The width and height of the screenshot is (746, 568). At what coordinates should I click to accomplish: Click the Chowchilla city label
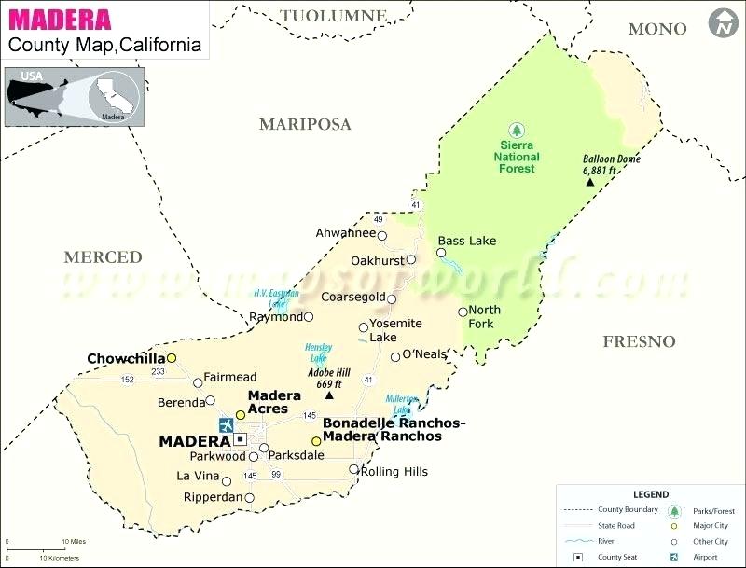click(125, 358)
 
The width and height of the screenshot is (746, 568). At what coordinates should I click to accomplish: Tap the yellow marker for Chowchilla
click(172, 358)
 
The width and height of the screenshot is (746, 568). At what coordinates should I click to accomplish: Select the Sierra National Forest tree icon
click(515, 130)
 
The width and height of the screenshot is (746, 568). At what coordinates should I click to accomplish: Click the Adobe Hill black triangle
click(329, 396)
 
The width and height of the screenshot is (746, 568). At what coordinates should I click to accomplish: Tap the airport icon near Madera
click(226, 425)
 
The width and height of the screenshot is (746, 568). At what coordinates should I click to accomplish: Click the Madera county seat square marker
click(240, 438)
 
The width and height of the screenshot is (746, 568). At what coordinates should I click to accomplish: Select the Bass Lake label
click(467, 241)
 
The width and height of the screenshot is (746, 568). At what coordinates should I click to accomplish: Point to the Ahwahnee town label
click(345, 233)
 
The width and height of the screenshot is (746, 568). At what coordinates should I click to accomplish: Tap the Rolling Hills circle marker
click(353, 470)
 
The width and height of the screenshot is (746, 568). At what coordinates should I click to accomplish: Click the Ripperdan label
click(213, 497)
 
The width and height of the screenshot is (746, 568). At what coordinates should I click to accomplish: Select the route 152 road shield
click(127, 379)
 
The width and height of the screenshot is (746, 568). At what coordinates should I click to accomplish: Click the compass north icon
click(721, 23)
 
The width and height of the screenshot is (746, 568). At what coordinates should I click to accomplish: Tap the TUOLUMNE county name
click(333, 16)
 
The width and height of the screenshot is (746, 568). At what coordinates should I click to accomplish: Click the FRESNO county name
click(639, 341)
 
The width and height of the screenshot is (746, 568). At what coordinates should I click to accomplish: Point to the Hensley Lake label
click(319, 353)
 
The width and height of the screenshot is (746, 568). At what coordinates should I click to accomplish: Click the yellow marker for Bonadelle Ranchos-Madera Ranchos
click(316, 441)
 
